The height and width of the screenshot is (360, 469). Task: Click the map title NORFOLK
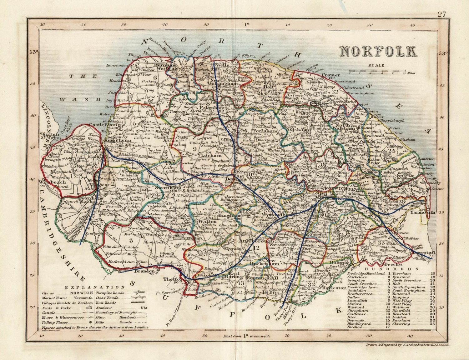pyautogui.click(x=378, y=52)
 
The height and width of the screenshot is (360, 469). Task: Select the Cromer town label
pyautogui.click(x=330, y=75)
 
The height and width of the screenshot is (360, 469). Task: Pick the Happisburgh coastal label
pyautogui.click(x=392, y=120)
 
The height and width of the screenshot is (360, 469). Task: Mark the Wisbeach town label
pyautogui.click(x=48, y=182)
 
